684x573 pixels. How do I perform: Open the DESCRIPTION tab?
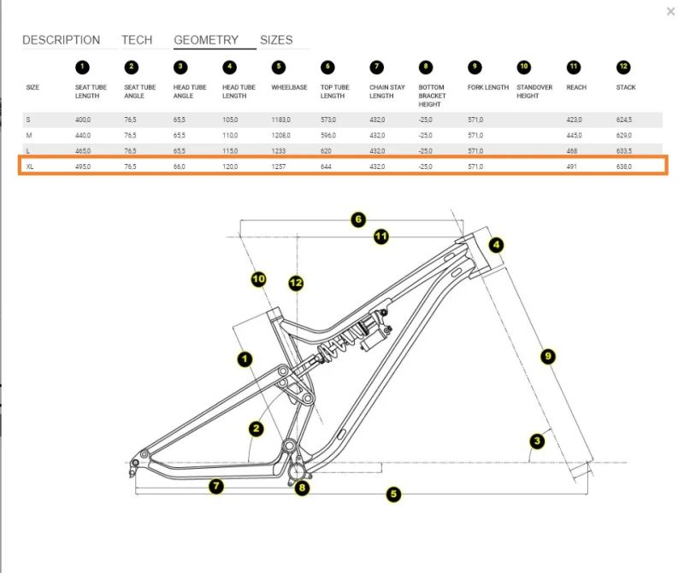(x=61, y=40)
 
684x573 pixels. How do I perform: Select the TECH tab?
(x=137, y=40)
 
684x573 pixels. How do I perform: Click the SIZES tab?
(x=276, y=40)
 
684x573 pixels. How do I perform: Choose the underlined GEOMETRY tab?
(x=206, y=40)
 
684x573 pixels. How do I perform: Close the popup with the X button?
(x=670, y=11)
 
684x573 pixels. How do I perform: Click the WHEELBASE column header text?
(x=289, y=87)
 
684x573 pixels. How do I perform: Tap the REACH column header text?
(x=576, y=87)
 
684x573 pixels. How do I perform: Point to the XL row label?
(x=32, y=167)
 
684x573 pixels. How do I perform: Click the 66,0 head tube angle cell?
(x=180, y=167)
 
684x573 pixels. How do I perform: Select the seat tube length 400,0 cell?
(x=83, y=120)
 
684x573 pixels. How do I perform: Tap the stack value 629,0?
(x=624, y=136)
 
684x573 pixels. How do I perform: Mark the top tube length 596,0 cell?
(x=329, y=136)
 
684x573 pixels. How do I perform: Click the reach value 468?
(x=571, y=151)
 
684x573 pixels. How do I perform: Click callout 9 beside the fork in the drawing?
(x=549, y=355)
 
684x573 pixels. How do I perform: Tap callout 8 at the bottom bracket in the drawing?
(x=302, y=488)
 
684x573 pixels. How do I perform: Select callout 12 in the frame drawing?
(x=296, y=283)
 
